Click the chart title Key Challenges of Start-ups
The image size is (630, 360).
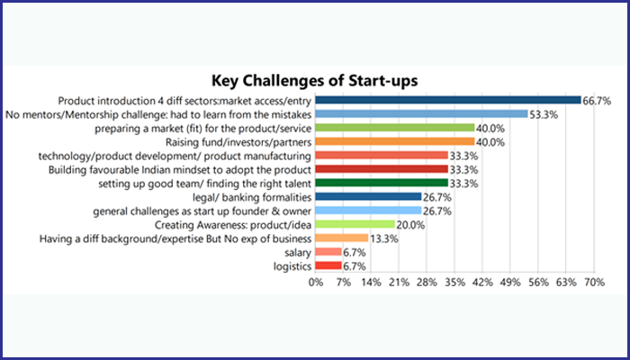coord(314,79)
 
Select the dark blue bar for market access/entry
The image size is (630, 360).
coord(448,100)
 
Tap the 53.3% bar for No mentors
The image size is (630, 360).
coord(421,114)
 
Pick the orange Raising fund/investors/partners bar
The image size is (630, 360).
coord(395,141)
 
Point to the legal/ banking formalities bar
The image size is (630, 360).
coord(368,196)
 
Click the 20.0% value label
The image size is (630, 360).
coord(410,224)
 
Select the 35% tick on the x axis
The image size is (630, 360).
coord(454,282)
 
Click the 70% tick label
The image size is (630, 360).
coord(593,282)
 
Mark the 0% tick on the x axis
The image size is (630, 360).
coord(316,282)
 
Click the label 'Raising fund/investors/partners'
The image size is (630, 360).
coord(238,141)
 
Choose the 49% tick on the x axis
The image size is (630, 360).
coord(510,282)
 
